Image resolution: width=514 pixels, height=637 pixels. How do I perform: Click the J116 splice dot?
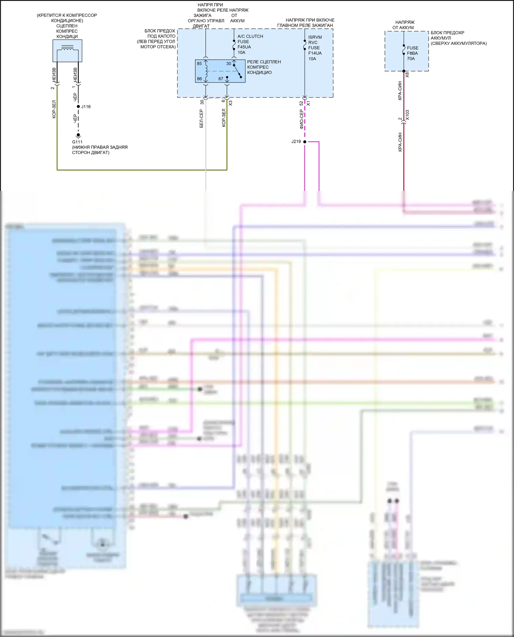[78, 107]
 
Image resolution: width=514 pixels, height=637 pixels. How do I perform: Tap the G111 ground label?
[77, 142]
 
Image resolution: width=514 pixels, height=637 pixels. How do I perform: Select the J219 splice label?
[296, 141]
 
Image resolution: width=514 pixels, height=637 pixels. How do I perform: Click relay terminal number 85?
[199, 64]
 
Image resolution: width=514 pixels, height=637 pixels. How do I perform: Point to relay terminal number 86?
[199, 79]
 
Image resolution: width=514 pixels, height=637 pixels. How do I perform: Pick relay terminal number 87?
[221, 79]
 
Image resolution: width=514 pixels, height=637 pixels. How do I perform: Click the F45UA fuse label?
[244, 47]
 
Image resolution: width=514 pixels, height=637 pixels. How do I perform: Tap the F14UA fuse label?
[315, 53]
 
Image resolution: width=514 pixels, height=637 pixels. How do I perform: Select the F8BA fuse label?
[412, 53]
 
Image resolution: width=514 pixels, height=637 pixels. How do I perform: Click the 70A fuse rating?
[411, 59]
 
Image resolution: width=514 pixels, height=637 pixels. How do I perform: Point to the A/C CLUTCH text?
[250, 36]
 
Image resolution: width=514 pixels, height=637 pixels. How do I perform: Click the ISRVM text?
[315, 37]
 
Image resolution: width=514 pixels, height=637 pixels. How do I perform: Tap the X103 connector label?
[407, 115]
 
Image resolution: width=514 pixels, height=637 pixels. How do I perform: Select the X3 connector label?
[231, 103]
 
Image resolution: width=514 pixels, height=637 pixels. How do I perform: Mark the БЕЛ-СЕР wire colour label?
[201, 119]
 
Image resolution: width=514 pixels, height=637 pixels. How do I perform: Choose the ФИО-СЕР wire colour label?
[302, 119]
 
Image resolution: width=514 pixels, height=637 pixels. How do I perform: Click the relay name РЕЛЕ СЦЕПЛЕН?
[264, 62]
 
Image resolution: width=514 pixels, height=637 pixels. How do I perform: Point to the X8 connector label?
[407, 75]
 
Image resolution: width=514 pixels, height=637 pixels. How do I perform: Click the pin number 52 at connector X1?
[301, 103]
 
